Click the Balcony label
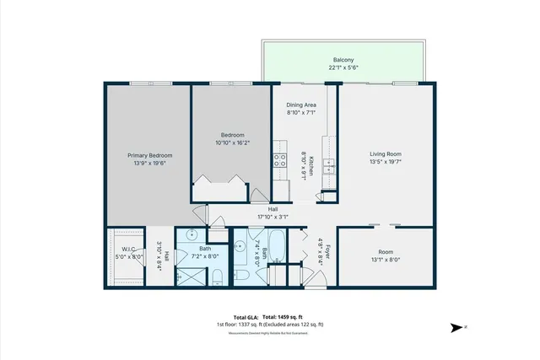coord(343,59)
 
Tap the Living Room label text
coord(385,154)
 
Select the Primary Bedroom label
coord(150,155)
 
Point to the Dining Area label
coord(301,105)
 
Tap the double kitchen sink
coord(329,164)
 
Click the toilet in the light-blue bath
coord(216,276)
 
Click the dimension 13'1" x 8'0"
coord(385,260)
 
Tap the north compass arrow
coord(457,328)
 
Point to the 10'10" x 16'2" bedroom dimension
coord(232,143)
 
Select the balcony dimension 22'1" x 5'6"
coord(343,67)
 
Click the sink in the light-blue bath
coord(193,235)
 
